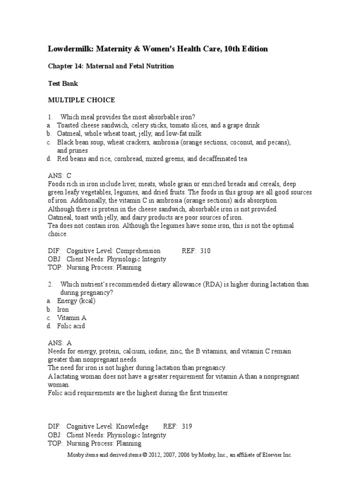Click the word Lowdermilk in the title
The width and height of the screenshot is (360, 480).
(72, 49)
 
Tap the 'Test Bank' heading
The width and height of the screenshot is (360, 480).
(63, 83)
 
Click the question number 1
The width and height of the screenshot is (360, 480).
(49, 117)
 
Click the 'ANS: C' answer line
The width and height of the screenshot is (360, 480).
(60, 176)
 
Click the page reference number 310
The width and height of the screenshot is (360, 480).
(205, 251)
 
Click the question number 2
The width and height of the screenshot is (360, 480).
(49, 285)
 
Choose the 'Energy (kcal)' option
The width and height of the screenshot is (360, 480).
(76, 301)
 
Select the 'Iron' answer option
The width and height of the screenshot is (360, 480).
(63, 309)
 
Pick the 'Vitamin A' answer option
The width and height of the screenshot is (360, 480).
(72, 318)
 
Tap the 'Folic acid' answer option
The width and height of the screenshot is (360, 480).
(71, 326)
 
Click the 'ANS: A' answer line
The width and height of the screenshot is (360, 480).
(60, 343)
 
